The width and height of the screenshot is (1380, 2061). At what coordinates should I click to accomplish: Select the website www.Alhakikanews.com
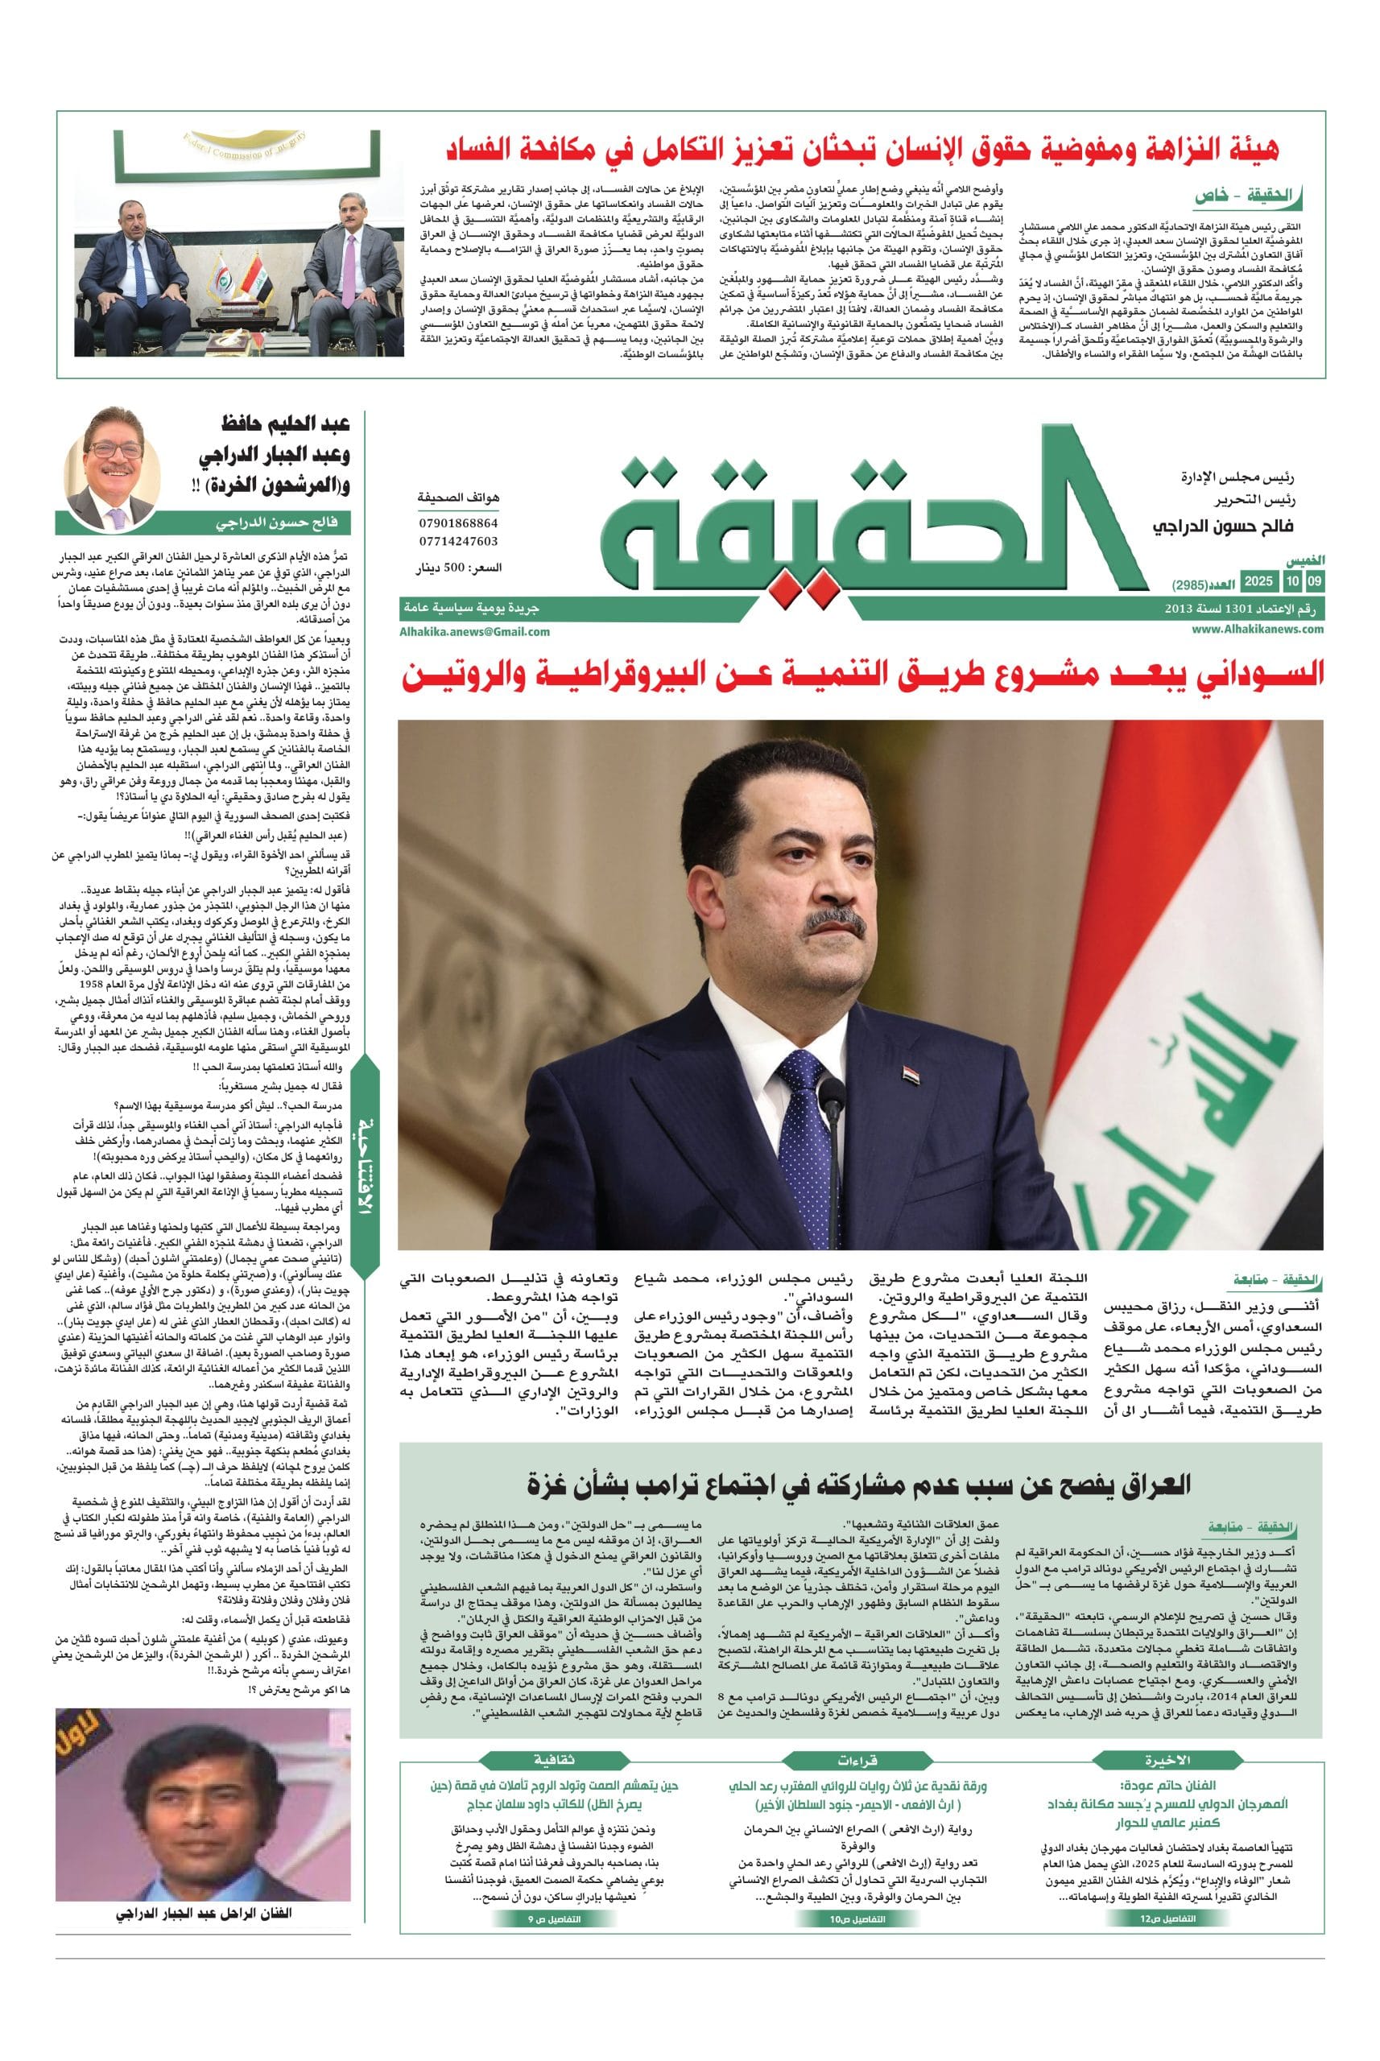(1258, 628)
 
